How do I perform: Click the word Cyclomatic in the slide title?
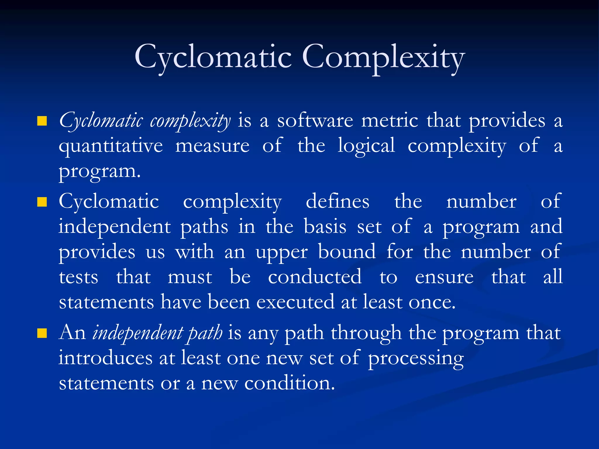pos(213,57)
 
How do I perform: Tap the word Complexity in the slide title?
pos(383,57)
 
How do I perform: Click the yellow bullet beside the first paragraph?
pos(42,121)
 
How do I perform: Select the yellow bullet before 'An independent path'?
pos(42,333)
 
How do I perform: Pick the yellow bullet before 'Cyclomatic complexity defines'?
pos(42,202)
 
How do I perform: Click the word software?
pos(315,120)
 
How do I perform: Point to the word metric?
pos(390,120)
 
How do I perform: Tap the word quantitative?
pos(111,146)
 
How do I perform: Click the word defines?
pos(338,201)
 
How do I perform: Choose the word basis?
pos(325,227)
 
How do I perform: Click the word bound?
pos(347,251)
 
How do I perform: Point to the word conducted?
pos(315,277)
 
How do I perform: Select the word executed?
pos(295,302)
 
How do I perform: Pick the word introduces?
pos(105,358)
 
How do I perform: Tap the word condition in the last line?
pos(290,383)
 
